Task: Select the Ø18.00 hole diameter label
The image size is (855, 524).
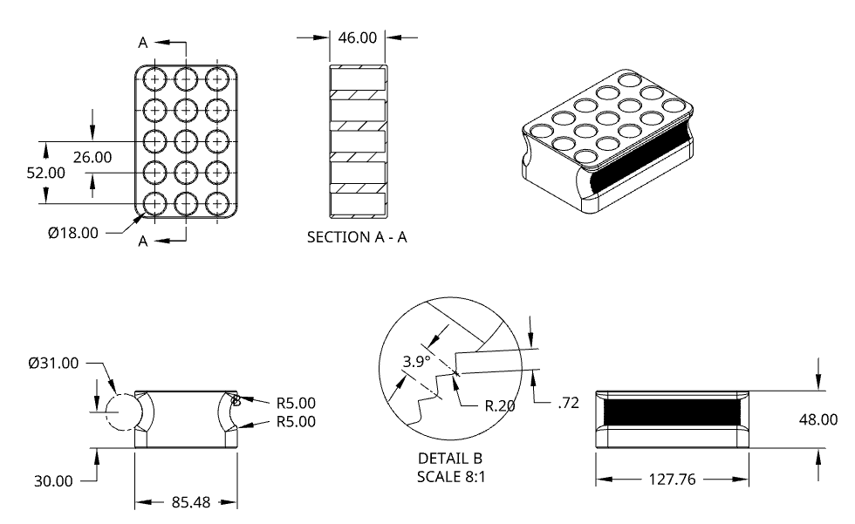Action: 74,233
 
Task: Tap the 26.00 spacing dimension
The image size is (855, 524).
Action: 92,157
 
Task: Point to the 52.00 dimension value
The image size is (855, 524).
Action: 45,173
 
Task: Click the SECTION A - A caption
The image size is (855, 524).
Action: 357,237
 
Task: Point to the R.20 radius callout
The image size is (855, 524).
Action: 502,405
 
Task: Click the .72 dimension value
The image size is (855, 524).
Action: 568,402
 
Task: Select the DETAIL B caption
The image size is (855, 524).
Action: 451,458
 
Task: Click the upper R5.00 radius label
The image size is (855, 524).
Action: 296,403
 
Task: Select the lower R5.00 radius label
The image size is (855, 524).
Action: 296,422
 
